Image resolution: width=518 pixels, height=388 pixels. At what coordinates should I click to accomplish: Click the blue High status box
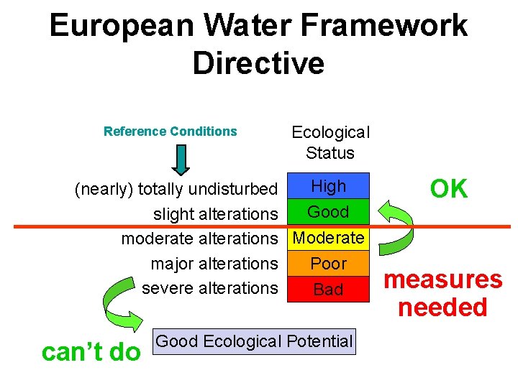(328, 186)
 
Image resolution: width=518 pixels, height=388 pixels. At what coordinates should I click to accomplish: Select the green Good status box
(328, 212)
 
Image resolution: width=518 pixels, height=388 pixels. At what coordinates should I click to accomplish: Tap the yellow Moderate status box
(328, 238)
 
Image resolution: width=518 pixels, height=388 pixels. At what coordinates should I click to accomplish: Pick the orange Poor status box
(328, 264)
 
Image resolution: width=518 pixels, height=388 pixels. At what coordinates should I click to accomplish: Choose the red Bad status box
(328, 290)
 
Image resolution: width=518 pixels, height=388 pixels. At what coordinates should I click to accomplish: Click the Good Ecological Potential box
(254, 341)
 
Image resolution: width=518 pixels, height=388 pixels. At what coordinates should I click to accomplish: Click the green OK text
(448, 189)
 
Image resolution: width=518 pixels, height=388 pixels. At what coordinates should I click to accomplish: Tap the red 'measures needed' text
(442, 293)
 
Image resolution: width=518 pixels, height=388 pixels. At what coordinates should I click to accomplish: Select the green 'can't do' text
(91, 352)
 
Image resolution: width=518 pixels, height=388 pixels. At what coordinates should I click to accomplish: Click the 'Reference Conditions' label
(170, 131)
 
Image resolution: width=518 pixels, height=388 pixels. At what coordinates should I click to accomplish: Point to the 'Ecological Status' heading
(330, 142)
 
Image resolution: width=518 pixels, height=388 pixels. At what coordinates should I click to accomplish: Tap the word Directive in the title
(258, 63)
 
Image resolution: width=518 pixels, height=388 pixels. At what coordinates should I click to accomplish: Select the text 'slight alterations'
(215, 214)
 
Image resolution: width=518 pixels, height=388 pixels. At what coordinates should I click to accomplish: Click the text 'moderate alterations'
(199, 238)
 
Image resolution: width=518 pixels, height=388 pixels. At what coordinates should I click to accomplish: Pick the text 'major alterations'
(214, 264)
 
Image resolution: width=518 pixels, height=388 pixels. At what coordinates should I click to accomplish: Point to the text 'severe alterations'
(209, 288)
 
